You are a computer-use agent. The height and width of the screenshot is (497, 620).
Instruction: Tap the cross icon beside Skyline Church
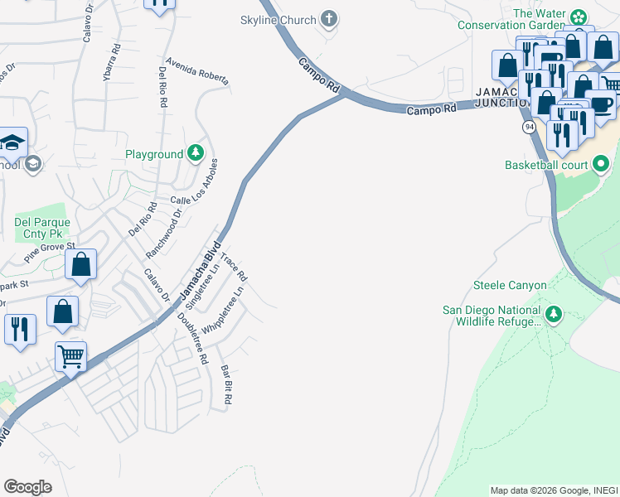pos(329,19)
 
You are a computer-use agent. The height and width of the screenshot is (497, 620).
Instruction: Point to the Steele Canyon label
pos(510,286)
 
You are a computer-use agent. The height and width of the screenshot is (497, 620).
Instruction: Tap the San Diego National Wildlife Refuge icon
pos(553,314)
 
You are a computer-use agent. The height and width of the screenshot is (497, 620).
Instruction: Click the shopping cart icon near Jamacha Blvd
pos(70,357)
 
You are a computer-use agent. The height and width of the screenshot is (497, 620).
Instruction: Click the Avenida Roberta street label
pos(196,71)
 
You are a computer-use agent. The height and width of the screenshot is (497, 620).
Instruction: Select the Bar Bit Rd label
pos(225,385)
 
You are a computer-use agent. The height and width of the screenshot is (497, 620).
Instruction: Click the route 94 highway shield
pos(529,127)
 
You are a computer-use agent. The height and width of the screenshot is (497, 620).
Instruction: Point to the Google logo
pos(27,487)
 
